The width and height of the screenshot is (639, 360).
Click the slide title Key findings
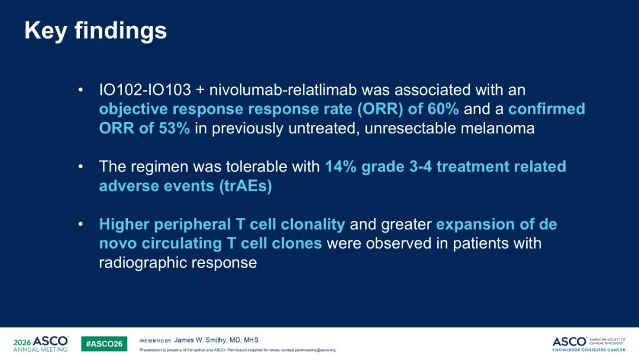(96, 31)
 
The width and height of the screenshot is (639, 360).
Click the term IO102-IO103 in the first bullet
(145, 89)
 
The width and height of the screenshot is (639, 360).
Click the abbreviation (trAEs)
(246, 186)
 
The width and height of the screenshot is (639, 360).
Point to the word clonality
(312, 224)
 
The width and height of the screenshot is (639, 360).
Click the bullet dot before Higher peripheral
(80, 224)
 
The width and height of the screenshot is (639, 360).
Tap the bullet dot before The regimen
(80, 166)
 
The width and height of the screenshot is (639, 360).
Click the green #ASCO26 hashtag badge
(104, 343)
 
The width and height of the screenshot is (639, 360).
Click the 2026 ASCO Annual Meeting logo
(40, 343)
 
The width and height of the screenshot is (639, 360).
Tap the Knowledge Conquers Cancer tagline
(589, 350)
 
